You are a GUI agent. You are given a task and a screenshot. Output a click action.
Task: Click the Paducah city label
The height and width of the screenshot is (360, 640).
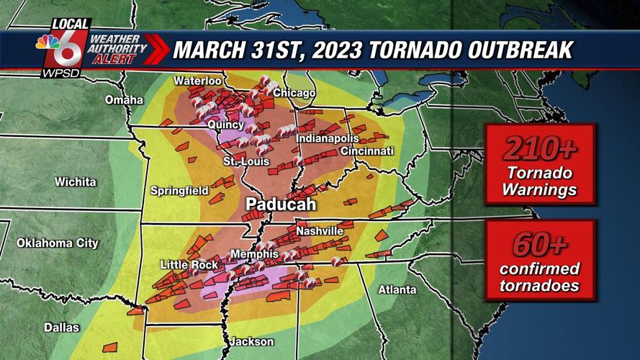[281, 205]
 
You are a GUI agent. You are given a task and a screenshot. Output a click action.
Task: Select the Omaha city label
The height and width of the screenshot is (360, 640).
[124, 99]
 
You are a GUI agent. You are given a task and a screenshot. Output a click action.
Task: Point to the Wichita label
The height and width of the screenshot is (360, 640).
[75, 182]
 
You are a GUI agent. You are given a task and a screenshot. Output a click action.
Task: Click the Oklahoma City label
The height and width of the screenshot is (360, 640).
[58, 243]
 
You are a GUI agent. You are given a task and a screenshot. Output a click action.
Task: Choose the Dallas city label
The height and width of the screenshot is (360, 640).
[62, 328]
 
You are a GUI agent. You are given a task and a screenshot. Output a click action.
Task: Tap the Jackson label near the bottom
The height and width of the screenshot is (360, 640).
[251, 341]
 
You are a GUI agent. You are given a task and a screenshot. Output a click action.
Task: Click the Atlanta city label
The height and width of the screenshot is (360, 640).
[397, 289]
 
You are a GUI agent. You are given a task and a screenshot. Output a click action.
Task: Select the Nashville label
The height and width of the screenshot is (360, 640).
[320, 231]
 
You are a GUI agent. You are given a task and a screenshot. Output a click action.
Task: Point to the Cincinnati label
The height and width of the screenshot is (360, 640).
[367, 151]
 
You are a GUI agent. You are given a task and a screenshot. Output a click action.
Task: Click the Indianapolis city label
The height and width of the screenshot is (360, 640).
[328, 138]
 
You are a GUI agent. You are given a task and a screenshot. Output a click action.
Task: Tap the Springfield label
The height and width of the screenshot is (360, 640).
[179, 191]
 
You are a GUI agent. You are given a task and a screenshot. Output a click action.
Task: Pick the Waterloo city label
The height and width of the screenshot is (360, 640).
[197, 81]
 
